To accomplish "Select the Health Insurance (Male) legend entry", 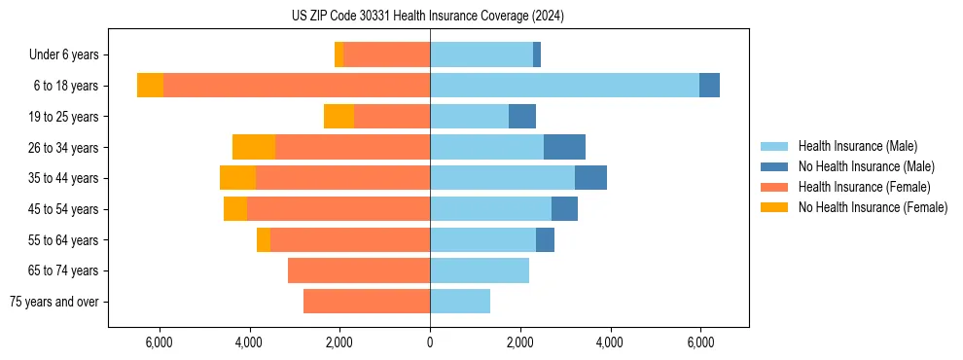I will click(x=857, y=146).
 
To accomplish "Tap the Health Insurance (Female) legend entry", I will click(x=865, y=187).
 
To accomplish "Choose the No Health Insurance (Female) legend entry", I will click(x=873, y=207).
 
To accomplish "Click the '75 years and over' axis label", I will click(x=54, y=302).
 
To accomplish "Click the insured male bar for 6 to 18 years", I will click(x=564, y=86).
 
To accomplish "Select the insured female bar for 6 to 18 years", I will click(x=297, y=86).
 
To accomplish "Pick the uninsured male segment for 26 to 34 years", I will click(x=564, y=147).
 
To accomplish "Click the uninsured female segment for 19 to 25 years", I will click(x=339, y=117).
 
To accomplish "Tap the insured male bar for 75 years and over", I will click(x=460, y=302).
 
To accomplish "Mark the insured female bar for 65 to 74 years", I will click(x=359, y=270).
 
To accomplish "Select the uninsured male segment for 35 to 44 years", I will click(x=590, y=178).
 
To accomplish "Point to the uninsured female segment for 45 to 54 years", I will click(x=235, y=209).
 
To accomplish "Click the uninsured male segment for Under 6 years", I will click(x=537, y=55).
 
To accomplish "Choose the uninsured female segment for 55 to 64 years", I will click(x=264, y=239).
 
